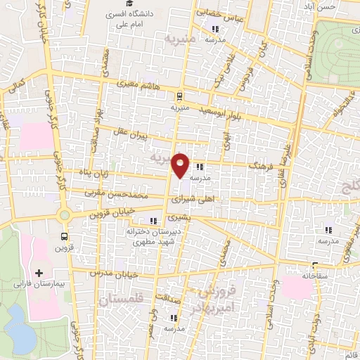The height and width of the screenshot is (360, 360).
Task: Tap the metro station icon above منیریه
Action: [181, 96]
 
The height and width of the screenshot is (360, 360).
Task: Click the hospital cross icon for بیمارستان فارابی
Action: [39, 272]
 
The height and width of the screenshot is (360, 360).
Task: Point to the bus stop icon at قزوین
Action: [65, 237]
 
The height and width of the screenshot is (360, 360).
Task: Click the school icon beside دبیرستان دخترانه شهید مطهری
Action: [153, 221]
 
